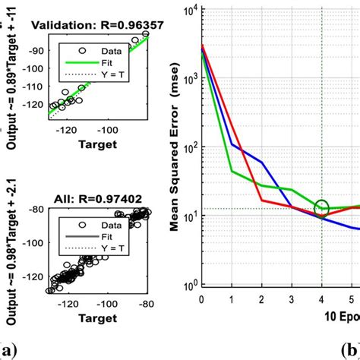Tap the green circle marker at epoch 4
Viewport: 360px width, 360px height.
click(x=322, y=207)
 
